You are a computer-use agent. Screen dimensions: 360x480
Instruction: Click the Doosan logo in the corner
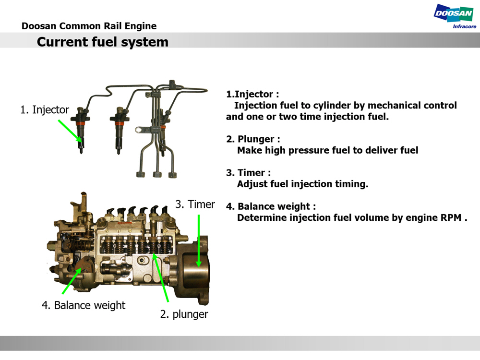point(453,13)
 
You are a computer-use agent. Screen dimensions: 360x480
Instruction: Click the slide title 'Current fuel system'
point(103,42)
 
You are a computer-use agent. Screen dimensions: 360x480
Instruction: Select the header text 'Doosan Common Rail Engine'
point(89,26)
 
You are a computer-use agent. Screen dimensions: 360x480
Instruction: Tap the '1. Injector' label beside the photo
point(45,110)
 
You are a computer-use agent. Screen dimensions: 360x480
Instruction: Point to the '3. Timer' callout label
point(195,204)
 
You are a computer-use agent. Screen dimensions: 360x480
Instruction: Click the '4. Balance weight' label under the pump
point(84,305)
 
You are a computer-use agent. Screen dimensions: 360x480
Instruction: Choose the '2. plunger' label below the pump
point(184,314)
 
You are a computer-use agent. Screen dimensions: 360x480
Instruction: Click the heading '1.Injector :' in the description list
point(252,94)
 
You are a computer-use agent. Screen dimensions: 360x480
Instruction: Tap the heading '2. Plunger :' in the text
point(253,139)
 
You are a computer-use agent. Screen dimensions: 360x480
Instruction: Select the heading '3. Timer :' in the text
point(248,173)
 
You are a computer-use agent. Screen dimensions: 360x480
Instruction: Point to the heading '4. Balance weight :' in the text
point(271,206)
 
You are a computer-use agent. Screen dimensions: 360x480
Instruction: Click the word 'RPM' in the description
point(451,217)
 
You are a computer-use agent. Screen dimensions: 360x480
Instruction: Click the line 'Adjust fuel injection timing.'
point(302,184)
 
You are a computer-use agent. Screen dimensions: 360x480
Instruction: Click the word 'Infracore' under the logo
point(465,26)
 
